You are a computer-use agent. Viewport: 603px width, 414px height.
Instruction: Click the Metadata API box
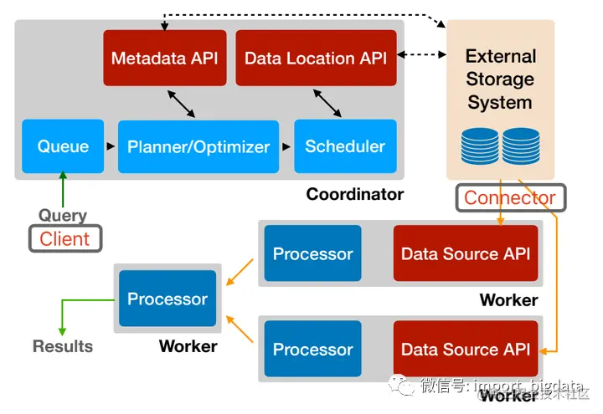pos(165,58)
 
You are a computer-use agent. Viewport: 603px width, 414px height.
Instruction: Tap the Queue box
pos(63,146)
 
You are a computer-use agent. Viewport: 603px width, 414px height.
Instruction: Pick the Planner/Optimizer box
pos(198,146)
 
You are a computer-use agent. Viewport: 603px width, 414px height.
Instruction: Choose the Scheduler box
pos(344,146)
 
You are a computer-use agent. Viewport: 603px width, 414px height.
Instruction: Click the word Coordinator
pos(354,194)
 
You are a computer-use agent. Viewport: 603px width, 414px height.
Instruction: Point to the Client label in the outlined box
pos(64,238)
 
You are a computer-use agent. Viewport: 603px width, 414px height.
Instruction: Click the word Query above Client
pos(63,215)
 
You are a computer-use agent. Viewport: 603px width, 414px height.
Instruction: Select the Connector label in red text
pos(510,198)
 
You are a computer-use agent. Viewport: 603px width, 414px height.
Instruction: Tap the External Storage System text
pos(500,79)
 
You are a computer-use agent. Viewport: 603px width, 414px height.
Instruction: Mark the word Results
pos(63,345)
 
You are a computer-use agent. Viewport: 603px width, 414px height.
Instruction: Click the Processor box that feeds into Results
pos(167,299)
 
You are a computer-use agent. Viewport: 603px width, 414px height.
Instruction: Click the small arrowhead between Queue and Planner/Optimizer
pos(111,146)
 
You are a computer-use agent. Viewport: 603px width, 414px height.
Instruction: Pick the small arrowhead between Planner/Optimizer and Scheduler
pos(286,146)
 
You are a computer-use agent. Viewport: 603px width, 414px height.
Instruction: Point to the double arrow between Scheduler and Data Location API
pos(327,103)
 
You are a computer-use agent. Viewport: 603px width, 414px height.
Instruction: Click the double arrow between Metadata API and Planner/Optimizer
pos(183,103)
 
